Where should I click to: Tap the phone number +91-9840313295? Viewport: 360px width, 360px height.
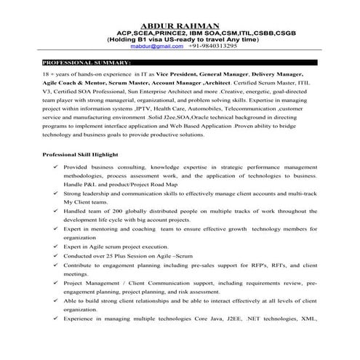click(212, 44)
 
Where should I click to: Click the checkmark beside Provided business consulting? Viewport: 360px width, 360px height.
click(57, 167)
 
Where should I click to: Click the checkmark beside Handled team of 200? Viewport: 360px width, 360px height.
click(57, 209)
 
